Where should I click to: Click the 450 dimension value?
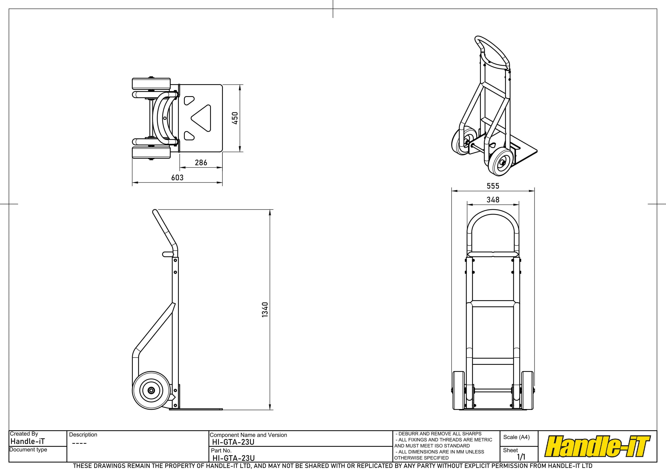point(235,118)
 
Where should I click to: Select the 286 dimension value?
point(201,162)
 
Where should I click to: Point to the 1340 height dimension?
point(265,310)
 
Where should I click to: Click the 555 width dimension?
point(493,186)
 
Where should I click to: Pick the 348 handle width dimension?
point(493,200)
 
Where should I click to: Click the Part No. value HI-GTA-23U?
point(234,458)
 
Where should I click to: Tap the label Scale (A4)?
point(516,437)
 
